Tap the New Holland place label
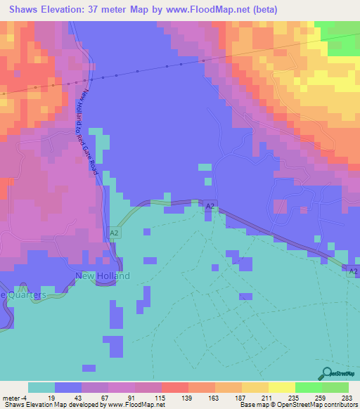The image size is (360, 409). tap(103, 276)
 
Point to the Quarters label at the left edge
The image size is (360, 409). tap(25, 295)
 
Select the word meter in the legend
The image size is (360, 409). tap(11, 398)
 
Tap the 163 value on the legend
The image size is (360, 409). tap(212, 398)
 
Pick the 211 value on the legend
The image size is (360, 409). tap(266, 398)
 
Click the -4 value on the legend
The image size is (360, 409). tap(24, 398)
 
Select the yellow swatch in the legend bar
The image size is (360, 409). tap(281, 387)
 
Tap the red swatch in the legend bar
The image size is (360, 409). tap(174, 387)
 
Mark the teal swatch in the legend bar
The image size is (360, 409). tap(41, 387)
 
